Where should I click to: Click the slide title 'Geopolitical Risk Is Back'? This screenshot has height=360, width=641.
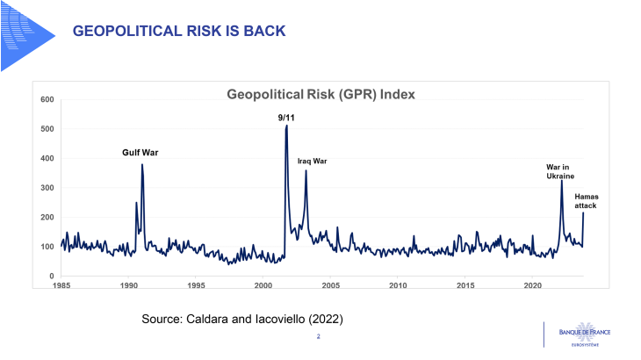[178, 32]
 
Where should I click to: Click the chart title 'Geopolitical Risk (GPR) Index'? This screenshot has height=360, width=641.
[320, 94]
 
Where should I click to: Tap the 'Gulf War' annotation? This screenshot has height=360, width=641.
[140, 152]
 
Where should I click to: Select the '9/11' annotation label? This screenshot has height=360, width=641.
[286, 117]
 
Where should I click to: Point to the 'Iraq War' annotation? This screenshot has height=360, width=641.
[312, 161]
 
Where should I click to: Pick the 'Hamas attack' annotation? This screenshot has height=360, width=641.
[586, 200]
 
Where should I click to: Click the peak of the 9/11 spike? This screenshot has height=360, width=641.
[286, 126]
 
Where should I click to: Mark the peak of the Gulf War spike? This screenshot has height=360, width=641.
[142, 165]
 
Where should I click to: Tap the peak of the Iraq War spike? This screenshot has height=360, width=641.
[306, 171]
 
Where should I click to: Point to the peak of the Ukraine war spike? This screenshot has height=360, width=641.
[562, 182]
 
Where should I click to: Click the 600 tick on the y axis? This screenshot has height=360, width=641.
[48, 99]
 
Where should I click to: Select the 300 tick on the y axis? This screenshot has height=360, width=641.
[48, 188]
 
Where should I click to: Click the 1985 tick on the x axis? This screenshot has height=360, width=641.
[61, 286]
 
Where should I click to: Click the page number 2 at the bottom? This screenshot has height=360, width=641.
[318, 336]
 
